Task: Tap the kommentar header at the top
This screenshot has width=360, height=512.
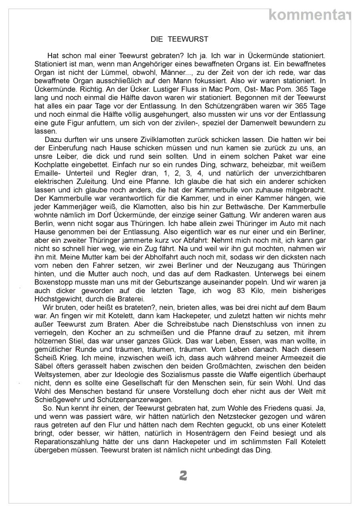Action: (310, 15)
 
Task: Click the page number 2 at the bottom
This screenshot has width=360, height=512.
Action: (183, 475)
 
